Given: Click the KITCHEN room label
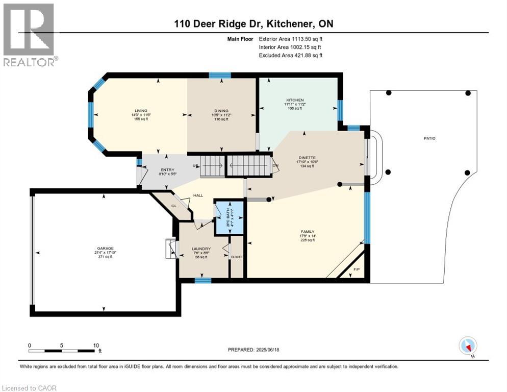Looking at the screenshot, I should [295, 100].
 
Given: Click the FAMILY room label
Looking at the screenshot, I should [308, 231].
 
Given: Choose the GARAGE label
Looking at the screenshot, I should [105, 249].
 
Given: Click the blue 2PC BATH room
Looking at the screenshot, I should [228, 218].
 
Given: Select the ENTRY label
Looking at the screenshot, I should [167, 170].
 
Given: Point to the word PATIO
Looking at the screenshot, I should [432, 138].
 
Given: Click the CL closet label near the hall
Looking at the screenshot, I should [173, 206].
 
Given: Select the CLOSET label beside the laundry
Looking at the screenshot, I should [237, 257].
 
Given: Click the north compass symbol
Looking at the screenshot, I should [468, 346].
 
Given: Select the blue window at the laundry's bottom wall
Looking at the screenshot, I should [202, 280].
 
